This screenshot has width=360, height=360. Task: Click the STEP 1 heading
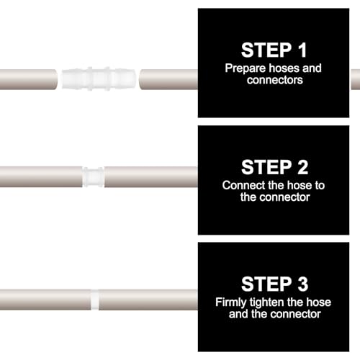pos(274,50)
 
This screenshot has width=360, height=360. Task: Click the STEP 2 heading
pos(274,167)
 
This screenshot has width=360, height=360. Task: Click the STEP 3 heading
pos(274,284)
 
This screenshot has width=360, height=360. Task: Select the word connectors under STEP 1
pos(275,80)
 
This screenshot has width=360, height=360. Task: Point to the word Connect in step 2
pos(243,185)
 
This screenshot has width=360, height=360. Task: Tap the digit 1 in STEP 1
pos(302,50)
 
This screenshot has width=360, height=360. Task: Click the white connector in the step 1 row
pos(99,78)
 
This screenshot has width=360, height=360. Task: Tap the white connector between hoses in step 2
pos(93,177)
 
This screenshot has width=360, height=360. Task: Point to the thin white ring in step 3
pos(94,300)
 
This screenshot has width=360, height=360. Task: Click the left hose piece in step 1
pos(29,79)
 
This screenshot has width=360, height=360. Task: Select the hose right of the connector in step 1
pos(168,79)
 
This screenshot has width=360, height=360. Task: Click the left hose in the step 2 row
pos(41,177)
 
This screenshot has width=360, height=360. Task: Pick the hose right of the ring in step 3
pos(148,300)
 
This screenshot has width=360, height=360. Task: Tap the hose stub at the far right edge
pos(356,79)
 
